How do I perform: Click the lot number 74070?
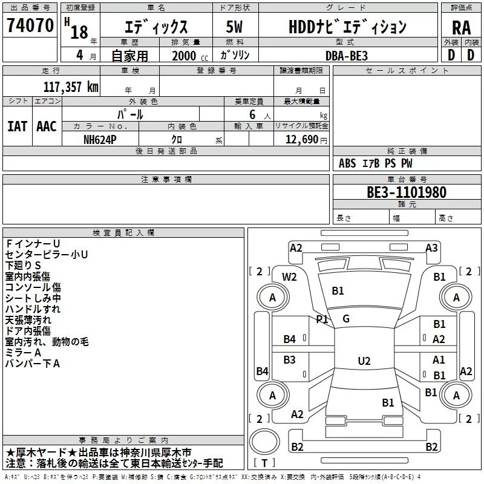[30, 25]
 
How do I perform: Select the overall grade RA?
[462, 28]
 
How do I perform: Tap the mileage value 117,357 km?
[71, 87]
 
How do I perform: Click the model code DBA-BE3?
[347, 56]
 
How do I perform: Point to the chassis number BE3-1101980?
[407, 192]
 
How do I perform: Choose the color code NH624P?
[100, 140]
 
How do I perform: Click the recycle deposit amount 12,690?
[302, 140]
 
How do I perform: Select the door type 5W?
[234, 27]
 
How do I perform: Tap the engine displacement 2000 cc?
[190, 56]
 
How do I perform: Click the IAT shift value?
[18, 126]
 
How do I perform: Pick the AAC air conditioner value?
[47, 126]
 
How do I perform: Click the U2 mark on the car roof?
[364, 361]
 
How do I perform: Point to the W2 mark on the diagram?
[289, 277]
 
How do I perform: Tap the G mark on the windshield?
[346, 319]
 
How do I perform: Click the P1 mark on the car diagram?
[322, 319]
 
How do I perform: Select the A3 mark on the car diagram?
[431, 248]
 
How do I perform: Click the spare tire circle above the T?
[264, 442]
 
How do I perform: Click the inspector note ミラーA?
[23, 353]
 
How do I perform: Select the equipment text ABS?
[347, 163]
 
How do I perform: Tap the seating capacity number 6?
[252, 114]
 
